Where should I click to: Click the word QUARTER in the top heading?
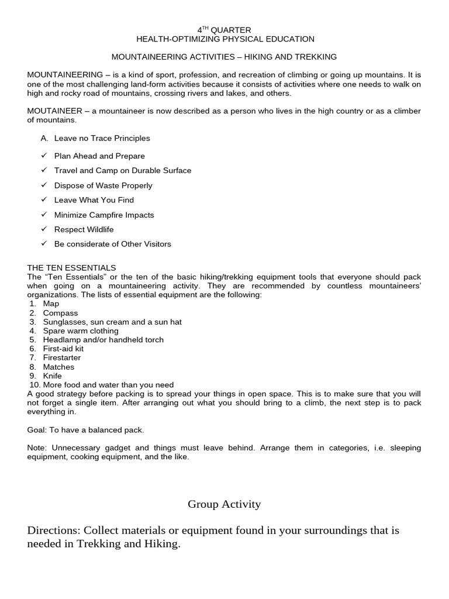tap(232, 30)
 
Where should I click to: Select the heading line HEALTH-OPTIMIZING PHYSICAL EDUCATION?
tap(225, 39)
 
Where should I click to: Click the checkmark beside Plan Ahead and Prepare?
tap(44, 156)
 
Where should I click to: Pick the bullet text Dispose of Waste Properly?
tap(103, 185)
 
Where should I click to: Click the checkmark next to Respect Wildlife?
tap(44, 229)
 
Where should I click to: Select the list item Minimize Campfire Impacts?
tap(104, 215)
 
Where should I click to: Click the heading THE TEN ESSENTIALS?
tap(71, 268)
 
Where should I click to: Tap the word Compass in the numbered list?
tap(60, 313)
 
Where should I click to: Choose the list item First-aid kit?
tap(63, 349)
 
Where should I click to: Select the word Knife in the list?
tap(52, 376)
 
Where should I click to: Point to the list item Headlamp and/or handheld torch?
tap(103, 340)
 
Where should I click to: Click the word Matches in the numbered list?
tap(58, 367)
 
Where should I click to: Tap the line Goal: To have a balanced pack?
tap(85, 430)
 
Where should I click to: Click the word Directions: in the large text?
tap(54, 531)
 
